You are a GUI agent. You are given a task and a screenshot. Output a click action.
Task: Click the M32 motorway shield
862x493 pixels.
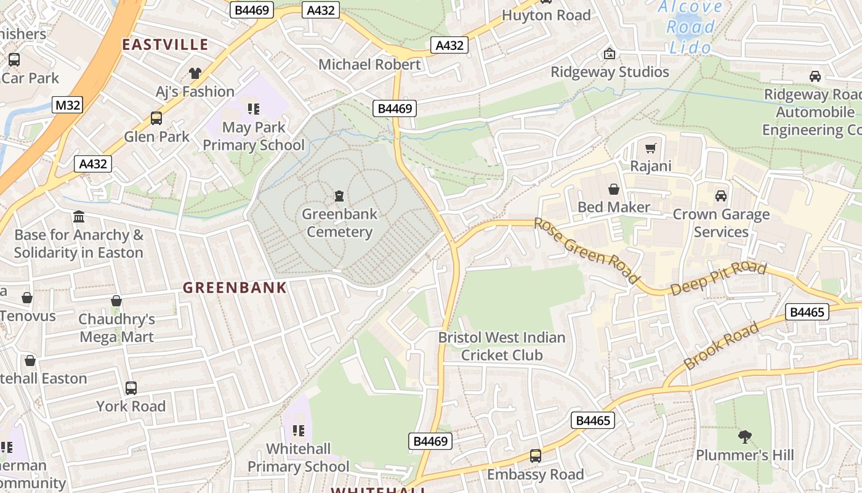point(68,105)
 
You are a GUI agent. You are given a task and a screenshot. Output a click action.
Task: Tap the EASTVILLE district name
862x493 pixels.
point(165,44)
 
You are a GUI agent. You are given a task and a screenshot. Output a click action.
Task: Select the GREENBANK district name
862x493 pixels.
point(235,287)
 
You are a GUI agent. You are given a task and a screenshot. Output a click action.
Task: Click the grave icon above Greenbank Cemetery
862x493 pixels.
point(339,197)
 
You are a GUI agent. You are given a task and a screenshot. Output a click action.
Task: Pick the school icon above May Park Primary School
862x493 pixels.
point(253,109)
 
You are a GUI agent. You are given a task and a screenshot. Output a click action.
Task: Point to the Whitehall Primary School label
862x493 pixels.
point(298,457)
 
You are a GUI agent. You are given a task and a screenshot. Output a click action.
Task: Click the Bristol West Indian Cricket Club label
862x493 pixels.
point(501,346)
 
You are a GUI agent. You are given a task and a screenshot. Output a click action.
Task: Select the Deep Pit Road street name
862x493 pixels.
point(718,279)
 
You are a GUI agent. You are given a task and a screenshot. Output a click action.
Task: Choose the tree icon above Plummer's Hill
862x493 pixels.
point(745,437)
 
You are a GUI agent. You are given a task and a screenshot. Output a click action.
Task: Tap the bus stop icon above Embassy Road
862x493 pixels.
point(536,456)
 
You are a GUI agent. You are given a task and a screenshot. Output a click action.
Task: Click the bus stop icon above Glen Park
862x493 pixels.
point(156,118)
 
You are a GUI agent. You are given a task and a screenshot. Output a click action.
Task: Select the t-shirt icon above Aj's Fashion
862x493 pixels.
point(195,73)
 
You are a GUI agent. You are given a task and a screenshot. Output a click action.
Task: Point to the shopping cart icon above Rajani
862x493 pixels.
point(651,148)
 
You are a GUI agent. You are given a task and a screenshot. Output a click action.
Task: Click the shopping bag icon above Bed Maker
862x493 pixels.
point(614,189)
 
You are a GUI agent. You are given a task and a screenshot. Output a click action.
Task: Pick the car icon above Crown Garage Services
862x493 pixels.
point(720,196)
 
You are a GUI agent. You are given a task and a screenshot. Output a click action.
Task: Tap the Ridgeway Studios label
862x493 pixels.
point(610,71)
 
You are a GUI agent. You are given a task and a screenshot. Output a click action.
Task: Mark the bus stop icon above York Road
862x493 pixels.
point(131,388)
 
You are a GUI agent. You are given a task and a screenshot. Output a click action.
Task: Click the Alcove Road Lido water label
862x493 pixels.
point(690,27)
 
